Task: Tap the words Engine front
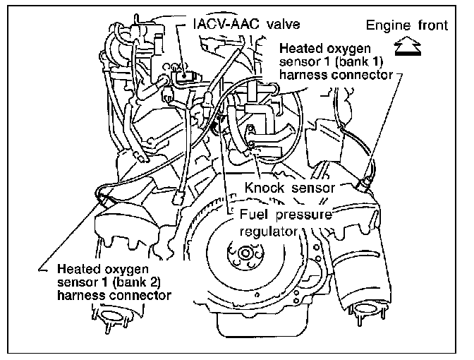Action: tap(406, 26)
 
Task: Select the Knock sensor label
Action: tap(288, 188)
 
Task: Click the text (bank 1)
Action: tap(366, 63)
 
